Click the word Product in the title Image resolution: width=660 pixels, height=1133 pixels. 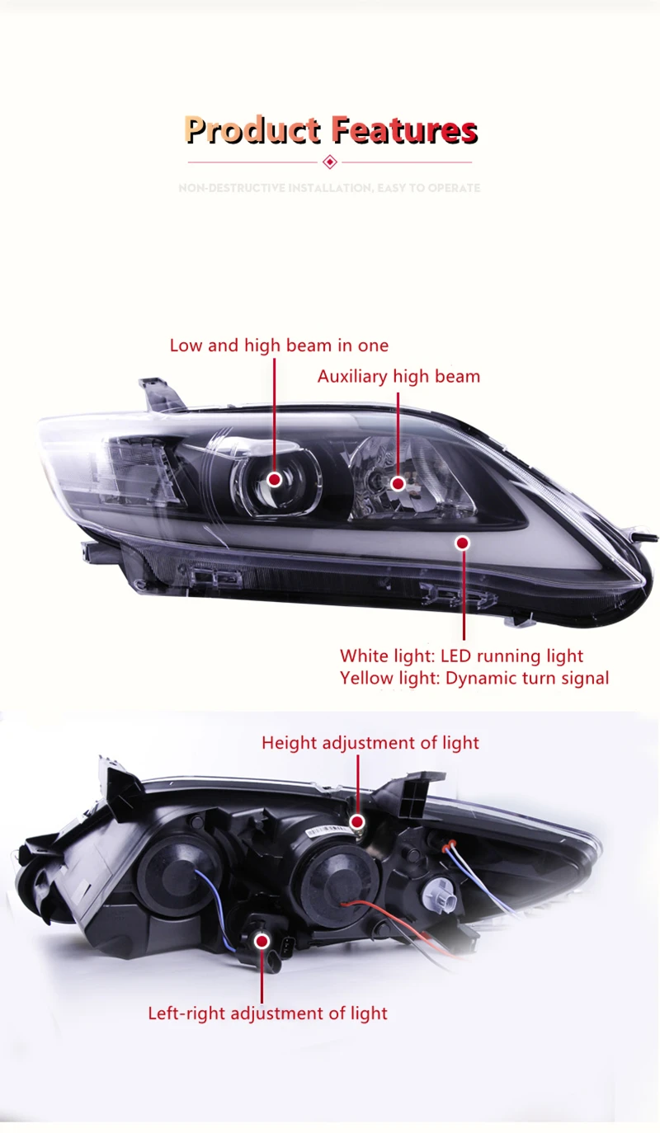[x=252, y=130]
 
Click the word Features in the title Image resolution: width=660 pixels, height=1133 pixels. [x=404, y=130]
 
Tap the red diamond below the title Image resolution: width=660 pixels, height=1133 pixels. [x=330, y=162]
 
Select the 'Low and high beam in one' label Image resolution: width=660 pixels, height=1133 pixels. [x=279, y=346]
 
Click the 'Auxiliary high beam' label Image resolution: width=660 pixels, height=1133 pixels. [x=398, y=377]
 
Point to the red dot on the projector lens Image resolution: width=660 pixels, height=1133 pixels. [x=274, y=479]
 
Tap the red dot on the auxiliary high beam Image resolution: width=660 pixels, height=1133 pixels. [x=398, y=483]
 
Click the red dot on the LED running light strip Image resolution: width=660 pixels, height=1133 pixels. [x=462, y=543]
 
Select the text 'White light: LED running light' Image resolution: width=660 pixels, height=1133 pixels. [x=461, y=656]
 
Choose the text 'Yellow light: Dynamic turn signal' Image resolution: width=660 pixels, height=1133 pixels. [x=474, y=679]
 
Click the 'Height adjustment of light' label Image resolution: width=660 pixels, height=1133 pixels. [x=370, y=743]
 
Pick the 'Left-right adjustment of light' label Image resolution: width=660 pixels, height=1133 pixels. [x=267, y=1013]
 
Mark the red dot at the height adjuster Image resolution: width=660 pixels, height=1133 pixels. [x=357, y=821]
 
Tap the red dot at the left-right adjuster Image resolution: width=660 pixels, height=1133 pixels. [x=262, y=940]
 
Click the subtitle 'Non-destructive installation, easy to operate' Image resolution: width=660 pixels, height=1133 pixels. [x=330, y=188]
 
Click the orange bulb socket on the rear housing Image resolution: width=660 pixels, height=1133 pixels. [x=450, y=843]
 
